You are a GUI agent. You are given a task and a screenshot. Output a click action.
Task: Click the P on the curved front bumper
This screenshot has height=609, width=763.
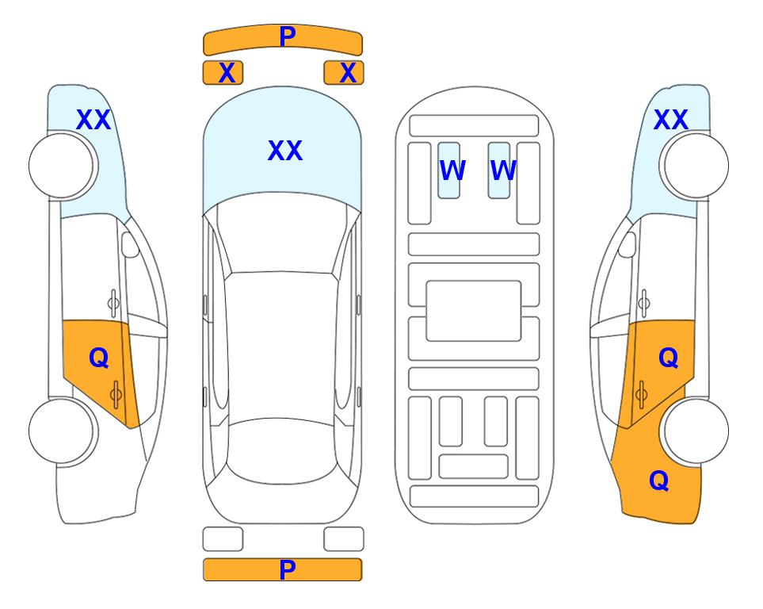click(x=287, y=36)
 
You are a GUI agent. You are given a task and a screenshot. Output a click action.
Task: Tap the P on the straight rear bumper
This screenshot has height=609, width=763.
click(x=287, y=569)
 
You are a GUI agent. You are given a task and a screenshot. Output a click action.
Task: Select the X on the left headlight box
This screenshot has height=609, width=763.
click(x=227, y=73)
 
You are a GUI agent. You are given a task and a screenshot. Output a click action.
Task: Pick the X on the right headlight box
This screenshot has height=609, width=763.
click(x=348, y=73)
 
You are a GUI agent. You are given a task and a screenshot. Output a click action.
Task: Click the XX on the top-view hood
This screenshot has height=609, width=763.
click(x=285, y=151)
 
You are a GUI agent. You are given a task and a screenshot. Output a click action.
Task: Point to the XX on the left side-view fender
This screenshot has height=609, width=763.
click(x=93, y=120)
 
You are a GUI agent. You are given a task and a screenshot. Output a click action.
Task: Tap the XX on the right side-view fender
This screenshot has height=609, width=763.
click(x=670, y=120)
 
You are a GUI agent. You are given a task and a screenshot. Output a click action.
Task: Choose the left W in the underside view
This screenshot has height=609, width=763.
click(x=452, y=170)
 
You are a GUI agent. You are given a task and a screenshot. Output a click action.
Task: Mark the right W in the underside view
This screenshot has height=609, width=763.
click(x=503, y=170)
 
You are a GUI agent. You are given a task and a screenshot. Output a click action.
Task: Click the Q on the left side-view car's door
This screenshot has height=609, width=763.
click(x=99, y=358)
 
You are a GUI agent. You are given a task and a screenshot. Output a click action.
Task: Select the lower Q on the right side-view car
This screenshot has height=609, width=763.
click(x=659, y=481)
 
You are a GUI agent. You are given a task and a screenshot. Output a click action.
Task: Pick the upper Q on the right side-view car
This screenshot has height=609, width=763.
click(x=668, y=358)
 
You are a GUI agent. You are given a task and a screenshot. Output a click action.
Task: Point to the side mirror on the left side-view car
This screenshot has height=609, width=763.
click(x=130, y=244)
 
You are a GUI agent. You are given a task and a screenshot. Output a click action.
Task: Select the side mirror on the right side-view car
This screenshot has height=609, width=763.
click(x=627, y=244)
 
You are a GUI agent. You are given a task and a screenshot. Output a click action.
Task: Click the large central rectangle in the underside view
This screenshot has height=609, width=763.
click(x=474, y=311)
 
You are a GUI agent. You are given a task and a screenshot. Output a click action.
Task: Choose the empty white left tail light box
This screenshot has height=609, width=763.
click(x=223, y=539)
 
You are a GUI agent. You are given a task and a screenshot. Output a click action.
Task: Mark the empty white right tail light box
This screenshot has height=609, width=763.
click(x=344, y=539)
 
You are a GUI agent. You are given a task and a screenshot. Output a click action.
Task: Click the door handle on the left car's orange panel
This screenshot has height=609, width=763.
click(x=116, y=394)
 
